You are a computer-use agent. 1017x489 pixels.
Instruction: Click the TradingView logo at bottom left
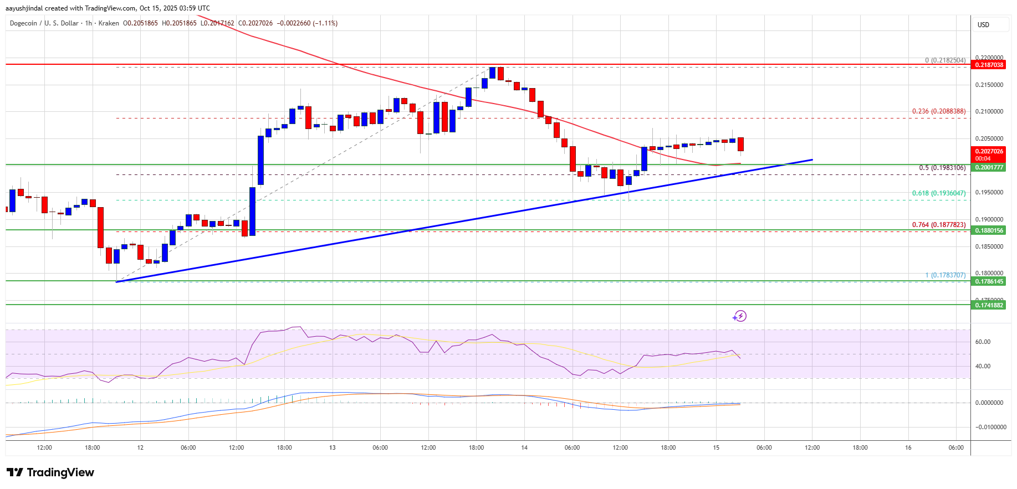click(50, 472)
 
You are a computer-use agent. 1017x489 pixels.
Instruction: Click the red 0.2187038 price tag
click(989, 65)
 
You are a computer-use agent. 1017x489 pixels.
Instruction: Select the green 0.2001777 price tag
click(989, 167)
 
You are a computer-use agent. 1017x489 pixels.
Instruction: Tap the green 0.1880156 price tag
click(989, 230)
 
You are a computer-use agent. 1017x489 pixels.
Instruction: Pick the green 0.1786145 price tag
click(989, 281)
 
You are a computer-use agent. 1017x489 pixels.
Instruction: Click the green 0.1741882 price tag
click(989, 305)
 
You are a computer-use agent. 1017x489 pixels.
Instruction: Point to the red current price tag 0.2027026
click(989, 151)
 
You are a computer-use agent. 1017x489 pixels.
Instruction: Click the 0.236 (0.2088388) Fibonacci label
click(939, 111)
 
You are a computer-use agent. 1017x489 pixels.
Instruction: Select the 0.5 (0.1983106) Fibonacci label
click(942, 168)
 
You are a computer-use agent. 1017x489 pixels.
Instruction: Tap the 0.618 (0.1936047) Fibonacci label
click(939, 193)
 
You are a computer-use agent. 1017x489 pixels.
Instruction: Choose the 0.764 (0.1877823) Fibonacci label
click(939, 225)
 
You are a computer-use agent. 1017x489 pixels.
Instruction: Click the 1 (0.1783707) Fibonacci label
click(945, 275)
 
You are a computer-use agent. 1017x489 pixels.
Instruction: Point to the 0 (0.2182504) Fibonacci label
click(945, 60)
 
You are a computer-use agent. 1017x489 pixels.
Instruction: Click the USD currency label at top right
click(983, 25)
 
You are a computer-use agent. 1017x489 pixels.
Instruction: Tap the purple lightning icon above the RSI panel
click(739, 316)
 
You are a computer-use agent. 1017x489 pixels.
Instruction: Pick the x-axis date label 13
click(333, 447)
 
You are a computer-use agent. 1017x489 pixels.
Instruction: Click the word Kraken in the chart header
click(109, 23)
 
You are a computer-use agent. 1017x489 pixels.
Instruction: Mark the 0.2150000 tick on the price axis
click(989, 85)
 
